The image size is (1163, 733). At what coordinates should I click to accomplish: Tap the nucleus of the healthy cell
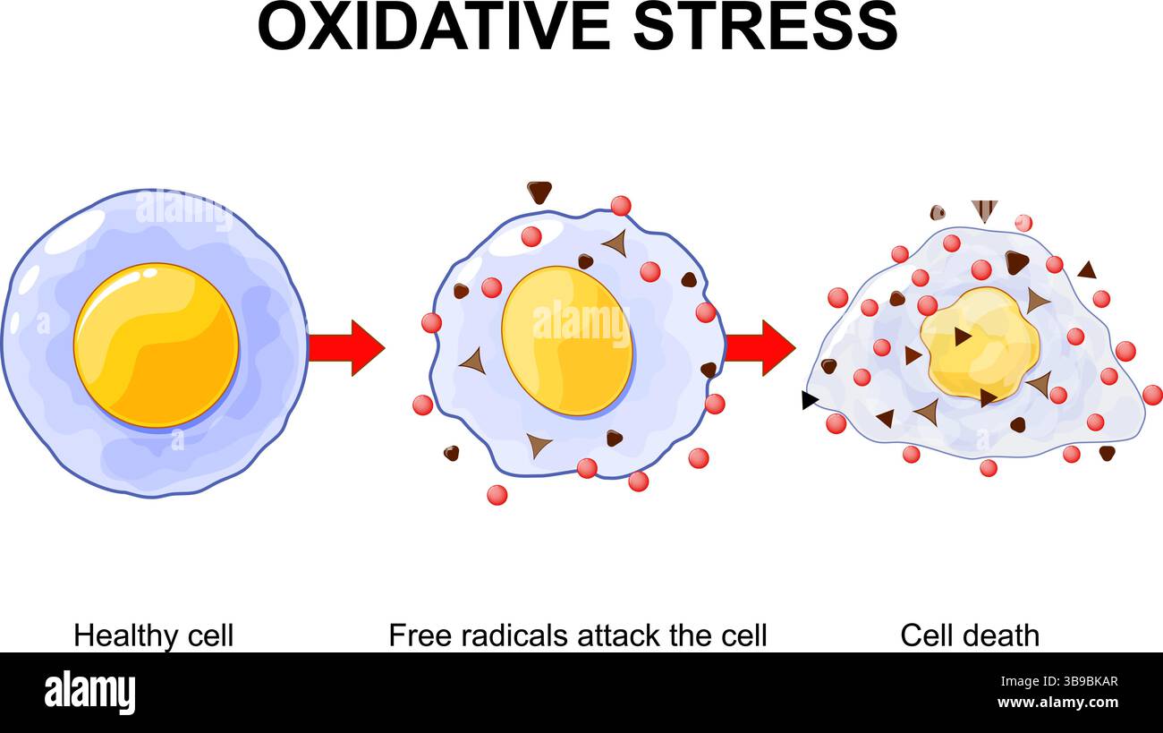[x=157, y=345]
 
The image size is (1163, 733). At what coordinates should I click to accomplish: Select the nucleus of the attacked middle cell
[x=566, y=341]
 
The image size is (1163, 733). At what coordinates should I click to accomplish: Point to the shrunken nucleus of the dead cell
[x=980, y=344]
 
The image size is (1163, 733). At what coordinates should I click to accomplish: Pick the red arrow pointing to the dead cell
[x=760, y=347]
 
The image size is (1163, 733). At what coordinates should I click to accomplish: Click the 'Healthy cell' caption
[x=153, y=635]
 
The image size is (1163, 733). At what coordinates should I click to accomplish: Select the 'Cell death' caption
[x=970, y=635]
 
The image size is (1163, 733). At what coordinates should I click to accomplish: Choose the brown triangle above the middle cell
[x=539, y=192]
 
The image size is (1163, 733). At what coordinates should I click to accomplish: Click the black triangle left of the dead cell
[x=809, y=400]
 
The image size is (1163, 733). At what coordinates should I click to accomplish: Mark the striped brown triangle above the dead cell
[x=984, y=210]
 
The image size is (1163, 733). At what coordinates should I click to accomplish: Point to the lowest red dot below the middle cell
[x=497, y=495]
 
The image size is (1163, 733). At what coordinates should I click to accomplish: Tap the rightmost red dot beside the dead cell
[x=1152, y=395]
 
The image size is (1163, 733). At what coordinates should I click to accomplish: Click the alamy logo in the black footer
[x=89, y=693]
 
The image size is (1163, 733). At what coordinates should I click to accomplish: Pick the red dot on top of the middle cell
[x=621, y=206]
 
